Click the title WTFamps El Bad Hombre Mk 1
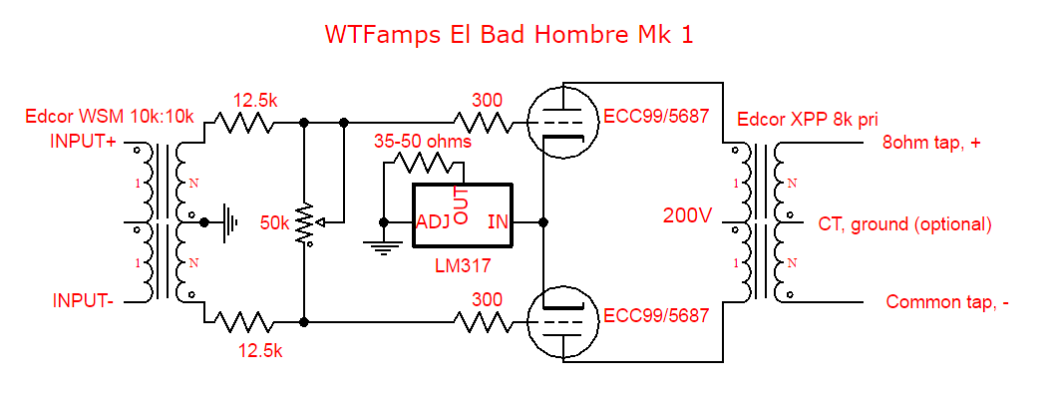click(509, 34)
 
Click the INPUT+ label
click(84, 141)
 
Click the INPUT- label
click(82, 300)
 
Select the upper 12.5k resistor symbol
click(244, 123)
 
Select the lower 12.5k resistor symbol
click(244, 321)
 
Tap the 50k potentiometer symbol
click(304, 221)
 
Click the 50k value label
click(274, 222)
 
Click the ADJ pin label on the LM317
click(433, 221)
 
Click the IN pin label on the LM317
click(498, 221)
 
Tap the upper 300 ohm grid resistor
click(486, 123)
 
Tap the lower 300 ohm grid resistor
click(486, 321)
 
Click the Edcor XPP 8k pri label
click(805, 120)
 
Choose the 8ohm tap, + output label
click(931, 143)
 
